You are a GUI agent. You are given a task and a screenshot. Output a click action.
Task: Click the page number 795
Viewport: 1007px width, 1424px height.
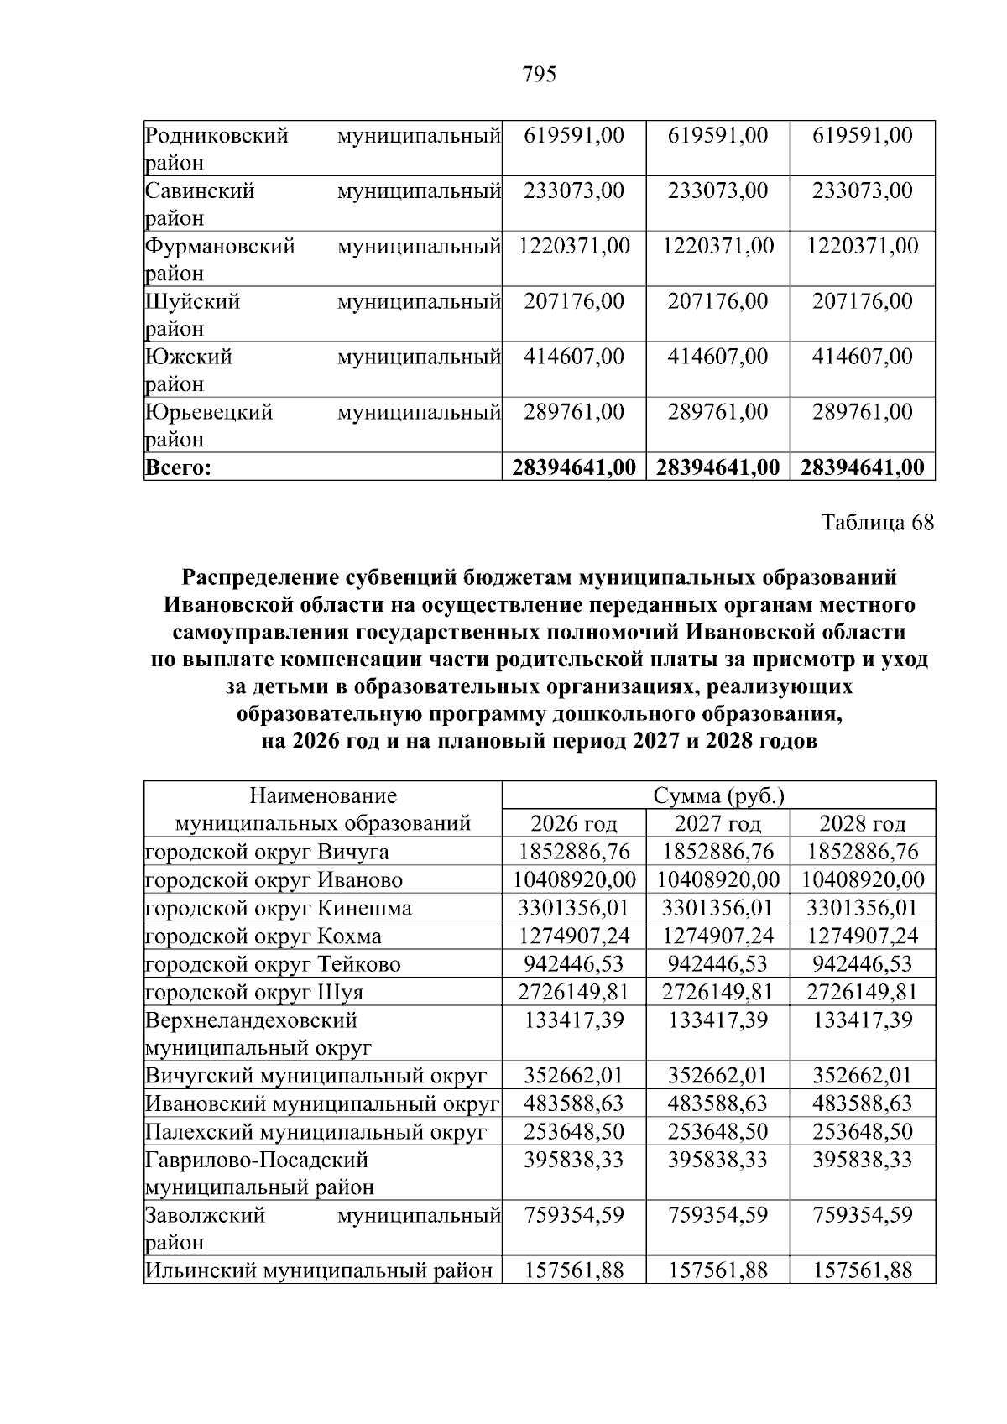coord(540,76)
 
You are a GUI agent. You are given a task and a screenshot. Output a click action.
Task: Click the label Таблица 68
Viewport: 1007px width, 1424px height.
coord(877,523)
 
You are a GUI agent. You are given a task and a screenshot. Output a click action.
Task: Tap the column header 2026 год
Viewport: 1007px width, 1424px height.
coord(574,823)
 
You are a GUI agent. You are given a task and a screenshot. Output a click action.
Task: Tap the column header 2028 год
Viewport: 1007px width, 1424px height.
coord(862,823)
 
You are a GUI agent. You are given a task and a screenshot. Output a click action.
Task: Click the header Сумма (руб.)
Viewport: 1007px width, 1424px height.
coord(718,795)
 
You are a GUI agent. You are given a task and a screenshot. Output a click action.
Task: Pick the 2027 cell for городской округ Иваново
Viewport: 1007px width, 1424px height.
coord(718,879)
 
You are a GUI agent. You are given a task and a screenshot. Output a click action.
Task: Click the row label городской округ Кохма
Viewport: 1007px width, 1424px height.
coord(263,936)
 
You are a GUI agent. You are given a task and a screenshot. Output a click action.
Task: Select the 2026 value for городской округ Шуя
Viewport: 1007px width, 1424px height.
coord(574,992)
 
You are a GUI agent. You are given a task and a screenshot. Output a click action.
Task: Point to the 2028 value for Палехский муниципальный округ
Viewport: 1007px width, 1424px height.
coord(862,1131)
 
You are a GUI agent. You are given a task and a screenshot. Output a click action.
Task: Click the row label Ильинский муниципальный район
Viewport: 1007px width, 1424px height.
coord(319,1270)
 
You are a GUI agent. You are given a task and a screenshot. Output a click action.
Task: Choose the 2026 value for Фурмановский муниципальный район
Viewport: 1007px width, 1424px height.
coord(574,246)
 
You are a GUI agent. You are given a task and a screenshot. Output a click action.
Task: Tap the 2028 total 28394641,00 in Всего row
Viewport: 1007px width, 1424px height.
coord(862,468)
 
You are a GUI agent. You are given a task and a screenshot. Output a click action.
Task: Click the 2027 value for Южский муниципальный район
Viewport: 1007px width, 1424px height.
coord(718,357)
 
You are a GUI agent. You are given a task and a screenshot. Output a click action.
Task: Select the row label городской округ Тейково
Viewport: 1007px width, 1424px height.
coord(273,964)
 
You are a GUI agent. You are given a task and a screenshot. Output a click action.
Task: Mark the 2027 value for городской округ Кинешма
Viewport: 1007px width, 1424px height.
coord(718,908)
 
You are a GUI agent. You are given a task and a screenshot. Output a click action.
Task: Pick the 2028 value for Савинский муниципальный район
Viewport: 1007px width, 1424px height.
coord(862,190)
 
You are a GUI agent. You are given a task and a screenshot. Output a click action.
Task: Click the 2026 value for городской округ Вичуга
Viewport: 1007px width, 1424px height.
coord(574,852)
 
